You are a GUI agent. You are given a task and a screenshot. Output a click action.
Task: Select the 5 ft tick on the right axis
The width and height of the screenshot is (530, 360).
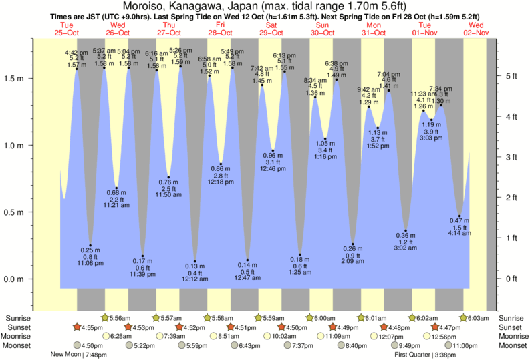point(511,76)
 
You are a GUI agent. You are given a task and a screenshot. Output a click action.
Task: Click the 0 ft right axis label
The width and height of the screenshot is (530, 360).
point(511,279)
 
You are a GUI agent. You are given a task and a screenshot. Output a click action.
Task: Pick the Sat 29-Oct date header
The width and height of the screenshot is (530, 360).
point(271,28)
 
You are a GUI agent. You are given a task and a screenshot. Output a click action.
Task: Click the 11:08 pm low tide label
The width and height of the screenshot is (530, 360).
point(90,264)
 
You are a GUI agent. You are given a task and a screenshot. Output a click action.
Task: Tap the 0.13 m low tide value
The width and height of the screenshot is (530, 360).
point(195,266)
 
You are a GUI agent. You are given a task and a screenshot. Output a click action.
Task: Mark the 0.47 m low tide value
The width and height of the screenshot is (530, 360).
point(459,221)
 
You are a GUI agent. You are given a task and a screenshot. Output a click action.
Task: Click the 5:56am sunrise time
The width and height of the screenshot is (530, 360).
point(123,318)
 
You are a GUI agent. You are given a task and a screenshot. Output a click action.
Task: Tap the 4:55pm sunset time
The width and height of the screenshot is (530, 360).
point(90,327)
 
